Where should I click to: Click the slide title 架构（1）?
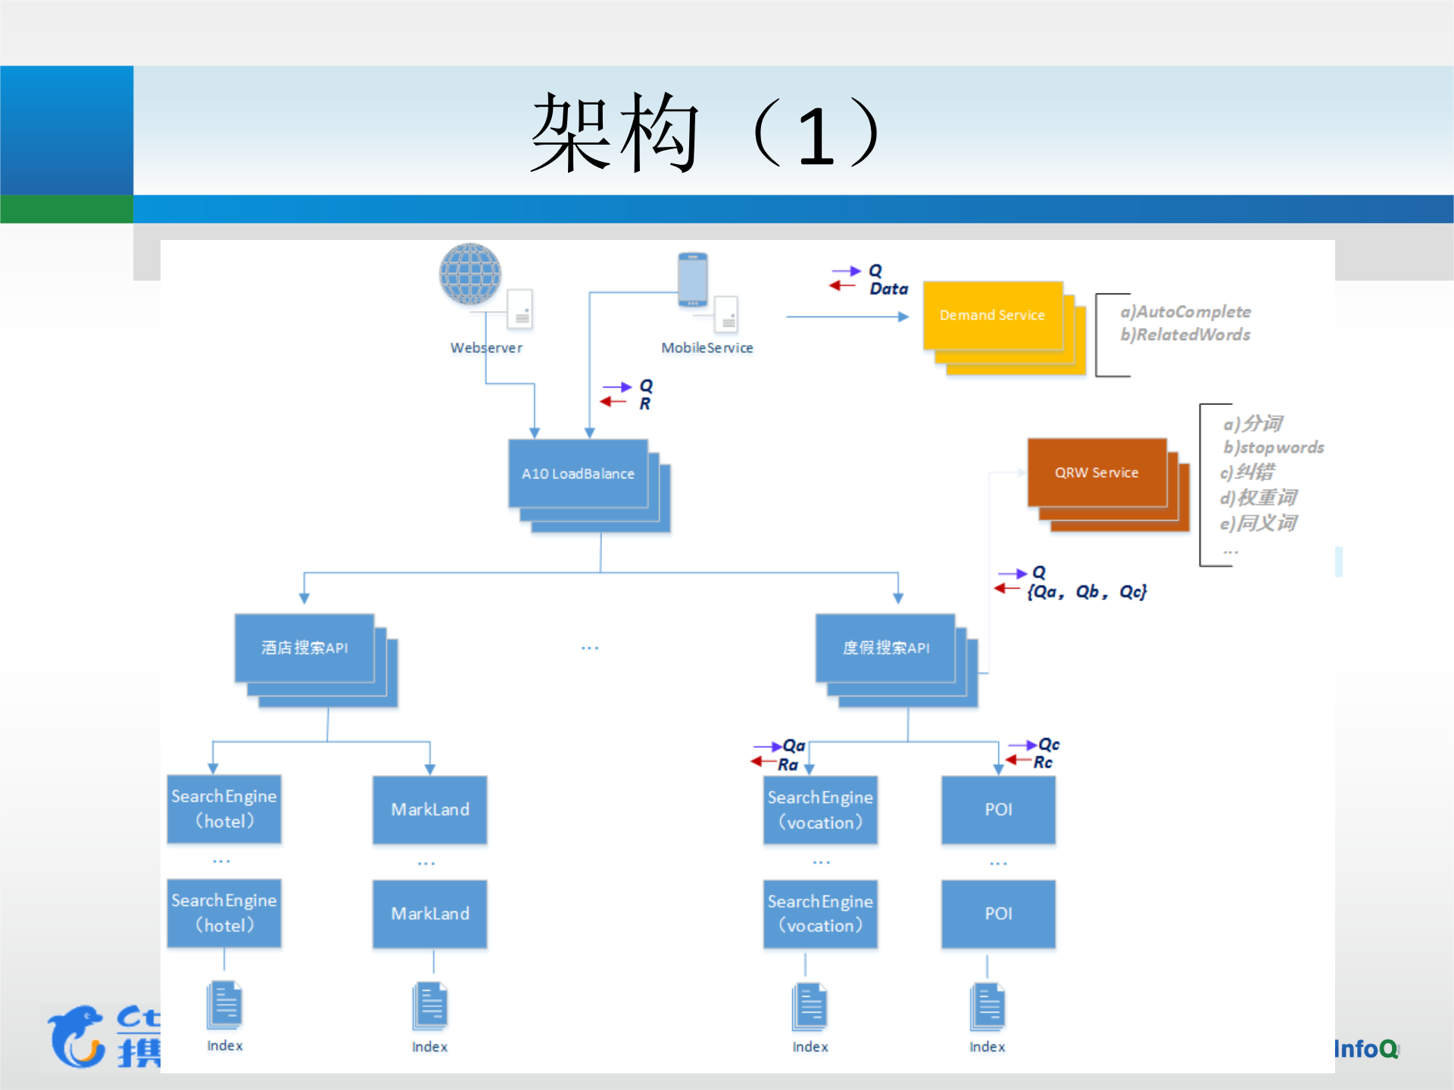coord(704,133)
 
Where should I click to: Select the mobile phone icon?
coord(693,279)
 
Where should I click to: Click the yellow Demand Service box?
coord(992,316)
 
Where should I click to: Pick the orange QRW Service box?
coord(1097,472)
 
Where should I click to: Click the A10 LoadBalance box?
coord(578,474)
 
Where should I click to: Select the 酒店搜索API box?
coord(304,648)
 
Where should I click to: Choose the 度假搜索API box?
coord(886,648)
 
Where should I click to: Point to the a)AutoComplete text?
coord(1186,312)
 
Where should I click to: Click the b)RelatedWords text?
coord(1186,335)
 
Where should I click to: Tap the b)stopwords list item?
coord(1274,447)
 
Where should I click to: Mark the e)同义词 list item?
coord(1259,523)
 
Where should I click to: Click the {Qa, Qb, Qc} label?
coord(1087,592)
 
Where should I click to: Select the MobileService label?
coord(707,348)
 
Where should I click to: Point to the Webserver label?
coord(486,348)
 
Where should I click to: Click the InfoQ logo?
coord(1365,1049)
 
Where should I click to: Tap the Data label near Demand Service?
coord(889,289)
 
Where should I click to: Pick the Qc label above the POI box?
coord(1049,745)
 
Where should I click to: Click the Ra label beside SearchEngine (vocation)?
coord(788,765)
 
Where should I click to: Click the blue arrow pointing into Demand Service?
coord(848,317)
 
